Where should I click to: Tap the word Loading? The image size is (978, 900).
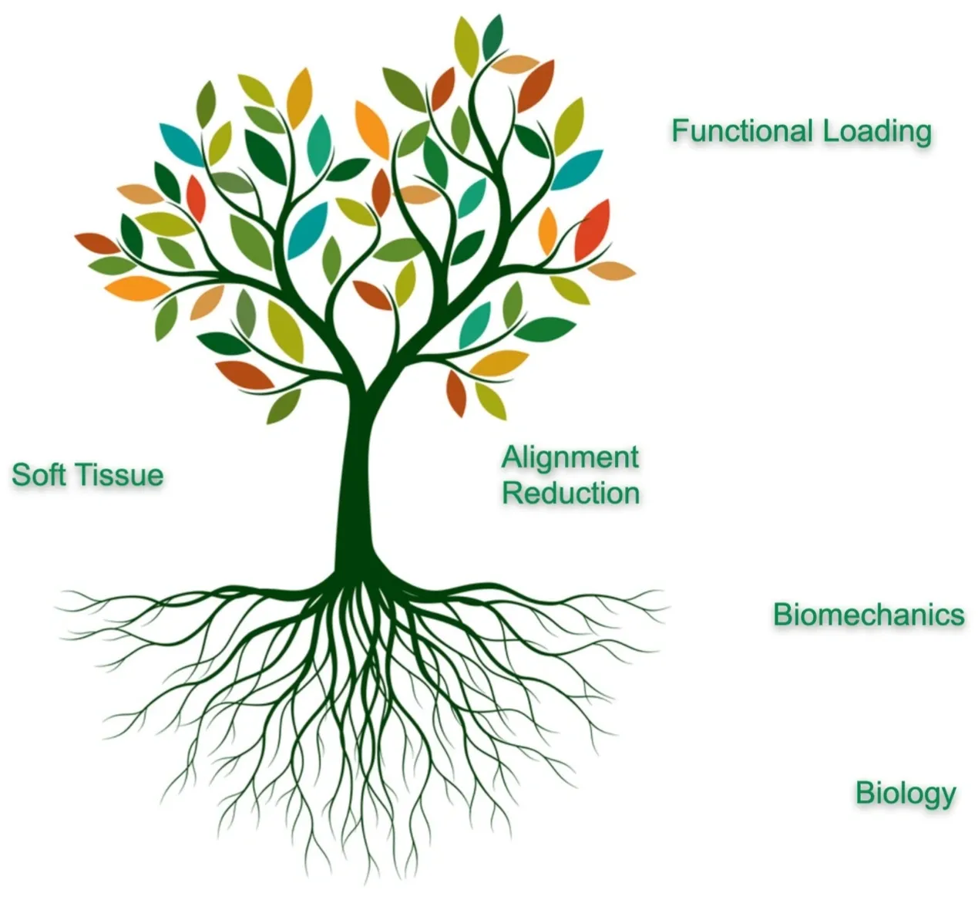877,132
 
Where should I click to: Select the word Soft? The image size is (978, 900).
38,474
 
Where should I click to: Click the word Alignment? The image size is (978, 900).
570,458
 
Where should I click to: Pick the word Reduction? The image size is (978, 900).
571,493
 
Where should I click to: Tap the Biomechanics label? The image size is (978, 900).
869,615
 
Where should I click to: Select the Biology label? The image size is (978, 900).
906,793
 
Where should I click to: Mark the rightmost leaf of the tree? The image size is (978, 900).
613,271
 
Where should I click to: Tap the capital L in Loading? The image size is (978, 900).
829,130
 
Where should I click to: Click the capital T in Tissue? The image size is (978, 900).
82,474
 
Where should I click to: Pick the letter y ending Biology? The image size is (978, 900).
947,796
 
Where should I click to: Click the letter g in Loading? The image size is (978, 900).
922,135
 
